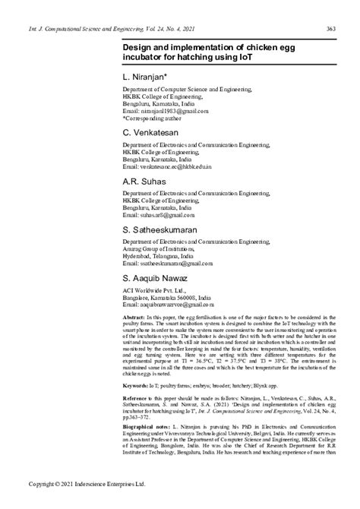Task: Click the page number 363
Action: click(331, 29)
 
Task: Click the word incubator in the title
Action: click(144, 57)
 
